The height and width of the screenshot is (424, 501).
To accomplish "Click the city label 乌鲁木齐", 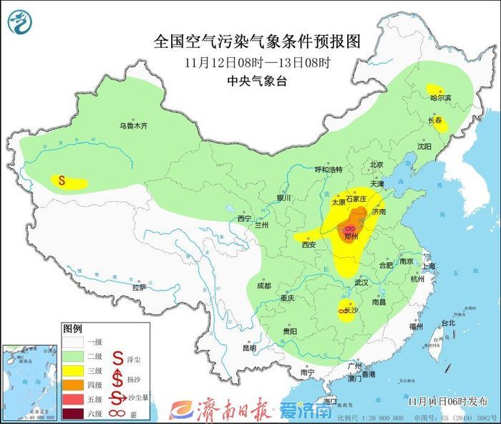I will [133, 126].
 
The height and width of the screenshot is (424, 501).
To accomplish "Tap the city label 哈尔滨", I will [439, 97].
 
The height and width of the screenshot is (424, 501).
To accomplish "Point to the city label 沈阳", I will [424, 146].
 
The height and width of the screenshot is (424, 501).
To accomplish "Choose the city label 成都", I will [263, 285].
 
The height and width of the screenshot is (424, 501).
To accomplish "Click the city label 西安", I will [308, 244].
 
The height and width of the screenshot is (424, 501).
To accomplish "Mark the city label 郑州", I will [351, 235].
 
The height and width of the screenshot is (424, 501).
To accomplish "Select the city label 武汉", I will [360, 282].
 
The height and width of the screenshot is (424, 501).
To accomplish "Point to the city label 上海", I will [429, 266].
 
